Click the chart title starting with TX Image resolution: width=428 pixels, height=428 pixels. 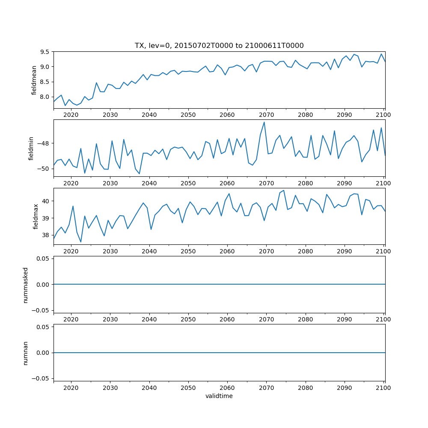pyautogui.click(x=219, y=46)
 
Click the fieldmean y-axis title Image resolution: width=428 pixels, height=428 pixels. pyautogui.click(x=34, y=80)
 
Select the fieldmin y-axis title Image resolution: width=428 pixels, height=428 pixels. pyautogui.click(x=31, y=148)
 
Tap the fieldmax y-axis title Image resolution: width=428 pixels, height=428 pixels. pyautogui.click(x=36, y=216)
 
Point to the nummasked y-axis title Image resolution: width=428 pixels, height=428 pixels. pyautogui.click(x=25, y=285)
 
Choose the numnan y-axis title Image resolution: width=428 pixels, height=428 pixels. pyautogui.click(x=25, y=353)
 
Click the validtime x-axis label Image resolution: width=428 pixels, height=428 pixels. pyautogui.click(x=219, y=396)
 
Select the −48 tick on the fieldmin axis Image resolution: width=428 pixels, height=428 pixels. pyautogui.click(x=43, y=143)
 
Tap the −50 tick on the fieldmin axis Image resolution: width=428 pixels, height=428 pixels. pyautogui.click(x=43, y=169)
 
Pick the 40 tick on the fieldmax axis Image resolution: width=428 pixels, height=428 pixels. pyautogui.click(x=47, y=201)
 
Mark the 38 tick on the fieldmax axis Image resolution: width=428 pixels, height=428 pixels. pyautogui.click(x=47, y=235)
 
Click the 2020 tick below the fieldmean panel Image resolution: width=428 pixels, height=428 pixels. pyautogui.click(x=71, y=115)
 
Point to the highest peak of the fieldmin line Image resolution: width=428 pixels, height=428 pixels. pyautogui.click(x=264, y=122)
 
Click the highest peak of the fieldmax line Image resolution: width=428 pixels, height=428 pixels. pyautogui.click(x=283, y=190)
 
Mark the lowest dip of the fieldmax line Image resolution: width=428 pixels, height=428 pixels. pyautogui.click(x=81, y=242)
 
